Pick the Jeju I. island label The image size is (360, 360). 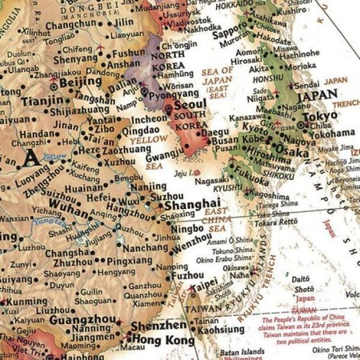pyautogui.click(x=184, y=170)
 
